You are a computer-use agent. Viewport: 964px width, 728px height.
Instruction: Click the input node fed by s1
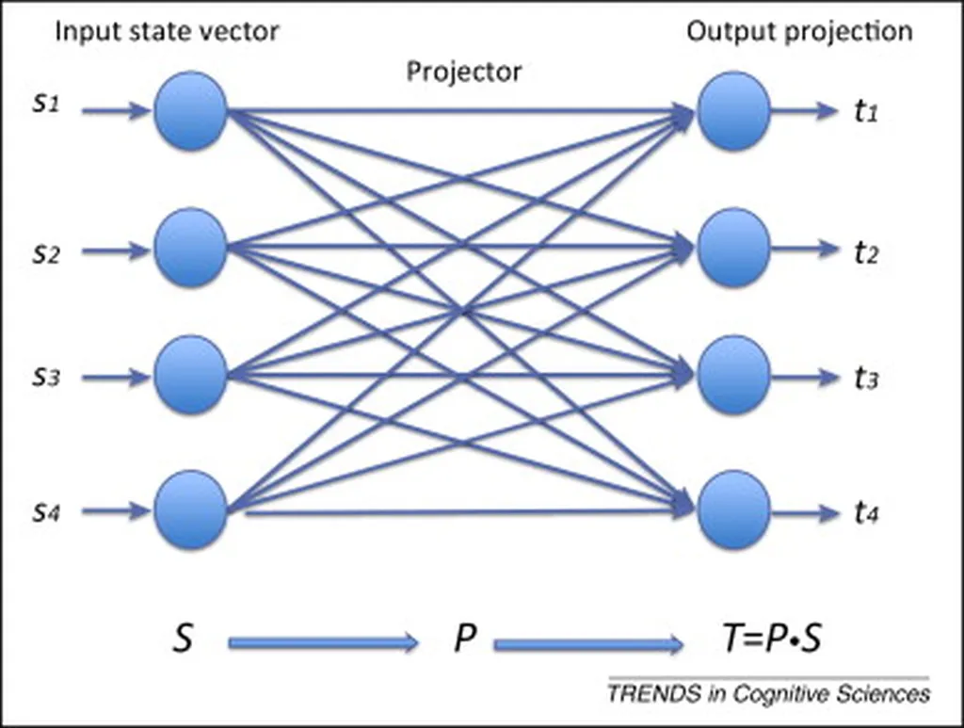[x=190, y=110]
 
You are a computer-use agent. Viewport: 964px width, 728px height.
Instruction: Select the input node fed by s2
[x=190, y=249]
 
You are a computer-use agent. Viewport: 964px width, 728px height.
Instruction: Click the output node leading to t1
[x=734, y=110]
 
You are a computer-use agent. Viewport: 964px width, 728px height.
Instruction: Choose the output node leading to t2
[x=734, y=249]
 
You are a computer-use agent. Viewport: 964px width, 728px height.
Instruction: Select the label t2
[x=866, y=251]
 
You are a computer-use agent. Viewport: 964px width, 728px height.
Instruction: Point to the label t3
[x=866, y=379]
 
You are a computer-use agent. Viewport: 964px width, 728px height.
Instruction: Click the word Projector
[x=463, y=72]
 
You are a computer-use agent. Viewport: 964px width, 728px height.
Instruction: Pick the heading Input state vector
[x=167, y=31]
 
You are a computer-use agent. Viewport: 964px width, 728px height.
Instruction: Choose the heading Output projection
[x=799, y=31]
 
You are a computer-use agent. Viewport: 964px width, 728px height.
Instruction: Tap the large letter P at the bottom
[x=463, y=639]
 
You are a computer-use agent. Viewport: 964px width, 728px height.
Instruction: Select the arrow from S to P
[x=323, y=643]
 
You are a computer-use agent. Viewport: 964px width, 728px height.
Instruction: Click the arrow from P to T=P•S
[x=588, y=645]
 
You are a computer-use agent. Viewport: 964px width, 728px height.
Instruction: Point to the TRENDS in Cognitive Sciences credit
[x=768, y=695]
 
